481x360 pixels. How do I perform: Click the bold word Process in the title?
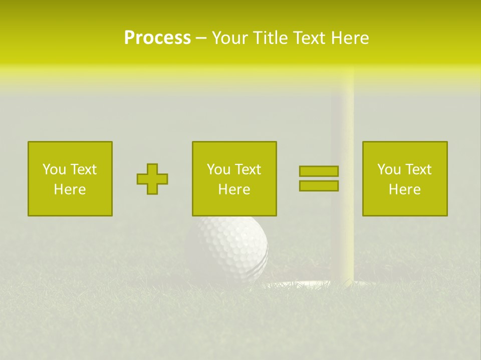(x=157, y=38)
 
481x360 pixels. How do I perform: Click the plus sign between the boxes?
(x=152, y=179)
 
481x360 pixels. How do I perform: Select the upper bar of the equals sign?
(x=319, y=171)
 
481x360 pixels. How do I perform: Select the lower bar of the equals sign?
(x=319, y=185)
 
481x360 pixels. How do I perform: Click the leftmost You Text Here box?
(x=70, y=178)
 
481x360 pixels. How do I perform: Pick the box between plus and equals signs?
(x=234, y=178)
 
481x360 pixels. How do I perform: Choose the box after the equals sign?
(x=404, y=178)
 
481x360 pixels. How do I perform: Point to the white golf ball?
(x=228, y=247)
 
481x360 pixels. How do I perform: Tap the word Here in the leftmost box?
(x=70, y=189)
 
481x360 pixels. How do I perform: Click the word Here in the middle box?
(x=234, y=189)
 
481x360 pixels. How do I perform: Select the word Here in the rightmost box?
(x=404, y=189)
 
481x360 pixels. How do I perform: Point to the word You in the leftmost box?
(x=54, y=169)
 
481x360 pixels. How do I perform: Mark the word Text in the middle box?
(x=248, y=169)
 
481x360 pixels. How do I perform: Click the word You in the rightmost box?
(x=389, y=169)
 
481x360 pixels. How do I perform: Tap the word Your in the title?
(x=229, y=38)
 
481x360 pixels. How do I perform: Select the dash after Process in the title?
(x=201, y=38)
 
